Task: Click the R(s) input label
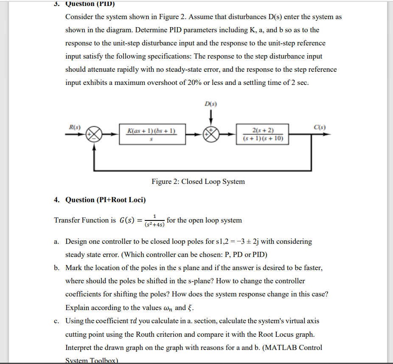(75, 126)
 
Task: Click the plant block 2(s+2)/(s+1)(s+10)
(263, 134)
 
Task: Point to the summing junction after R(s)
(95, 135)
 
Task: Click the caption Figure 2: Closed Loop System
(198, 181)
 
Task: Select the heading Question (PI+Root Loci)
(105, 200)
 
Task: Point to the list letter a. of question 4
(56, 241)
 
